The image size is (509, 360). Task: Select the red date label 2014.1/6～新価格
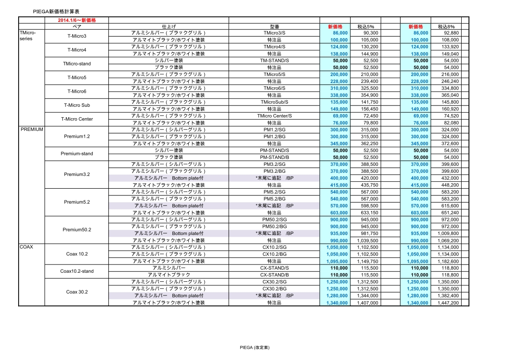[x=76, y=20]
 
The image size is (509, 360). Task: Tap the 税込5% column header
[x=365, y=27]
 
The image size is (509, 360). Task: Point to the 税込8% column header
[x=446, y=27]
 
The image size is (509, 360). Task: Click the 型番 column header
[x=274, y=27]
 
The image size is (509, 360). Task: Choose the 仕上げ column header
[x=168, y=27]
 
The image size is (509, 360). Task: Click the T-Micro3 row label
[x=76, y=36]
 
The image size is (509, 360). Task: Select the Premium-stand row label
[x=76, y=154]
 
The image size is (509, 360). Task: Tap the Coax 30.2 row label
[x=76, y=292]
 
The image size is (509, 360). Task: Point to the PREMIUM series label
[x=32, y=130]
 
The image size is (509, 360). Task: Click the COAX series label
[x=25, y=247]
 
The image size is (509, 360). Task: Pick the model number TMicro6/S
[x=274, y=88]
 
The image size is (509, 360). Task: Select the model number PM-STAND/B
[x=274, y=157]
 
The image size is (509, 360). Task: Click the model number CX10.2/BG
[x=274, y=254]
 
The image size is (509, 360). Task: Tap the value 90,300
[x=371, y=33]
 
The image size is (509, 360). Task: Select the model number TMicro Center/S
[x=274, y=116]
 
